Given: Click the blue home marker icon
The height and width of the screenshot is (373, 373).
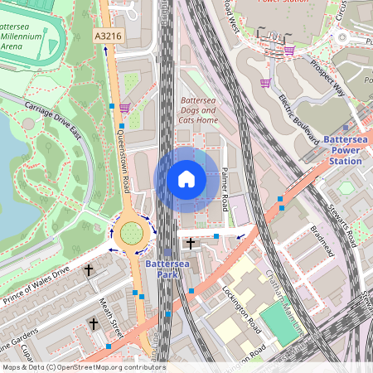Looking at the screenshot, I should [186, 178].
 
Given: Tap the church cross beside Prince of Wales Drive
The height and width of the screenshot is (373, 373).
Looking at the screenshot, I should [89, 270].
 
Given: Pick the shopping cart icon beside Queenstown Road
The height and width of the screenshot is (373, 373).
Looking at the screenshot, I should [124, 107].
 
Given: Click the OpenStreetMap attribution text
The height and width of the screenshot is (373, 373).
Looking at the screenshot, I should [84, 367].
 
